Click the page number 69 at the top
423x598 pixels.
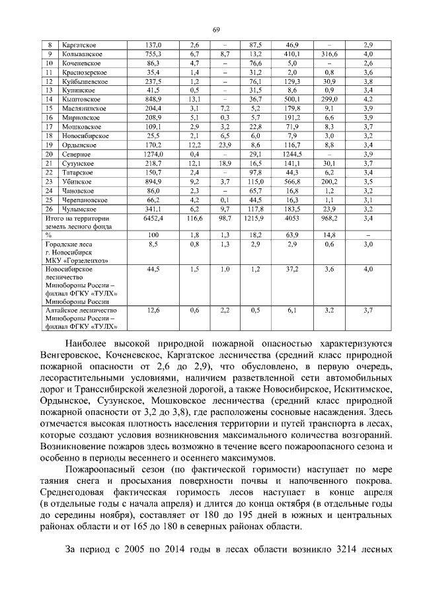215,29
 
